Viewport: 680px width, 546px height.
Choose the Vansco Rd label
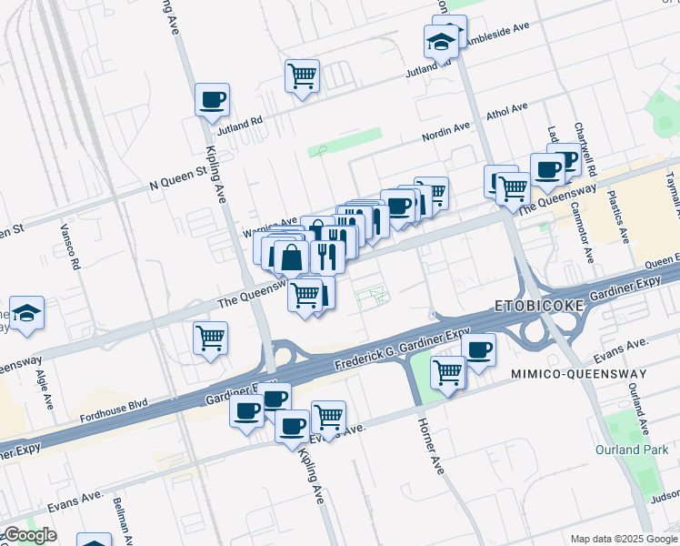(x=70, y=248)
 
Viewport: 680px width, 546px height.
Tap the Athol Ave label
(x=507, y=109)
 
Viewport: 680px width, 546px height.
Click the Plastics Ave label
(x=618, y=217)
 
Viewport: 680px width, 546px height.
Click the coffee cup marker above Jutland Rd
(x=212, y=100)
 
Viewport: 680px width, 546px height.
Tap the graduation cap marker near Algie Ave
(x=27, y=313)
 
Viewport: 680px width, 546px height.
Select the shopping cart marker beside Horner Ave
(x=447, y=370)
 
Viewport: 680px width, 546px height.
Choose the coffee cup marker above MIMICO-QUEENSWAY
(x=478, y=349)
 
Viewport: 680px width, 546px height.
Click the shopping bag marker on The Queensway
(x=291, y=258)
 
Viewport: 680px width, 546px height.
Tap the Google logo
(x=30, y=535)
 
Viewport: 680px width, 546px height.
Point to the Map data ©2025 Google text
(x=623, y=539)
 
